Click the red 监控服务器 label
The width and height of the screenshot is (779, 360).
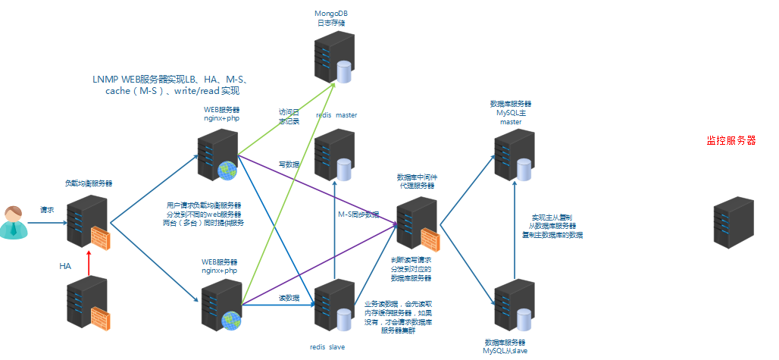pyautogui.click(x=731, y=140)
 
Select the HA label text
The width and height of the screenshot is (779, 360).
pyautogui.click(x=65, y=267)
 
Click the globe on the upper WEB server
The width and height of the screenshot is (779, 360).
pyautogui.click(x=226, y=171)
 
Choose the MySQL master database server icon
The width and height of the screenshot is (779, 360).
pyautogui.click(x=514, y=155)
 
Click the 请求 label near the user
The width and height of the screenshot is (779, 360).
pyautogui.click(x=47, y=210)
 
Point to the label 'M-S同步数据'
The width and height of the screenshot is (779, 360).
pyautogui.click(x=358, y=214)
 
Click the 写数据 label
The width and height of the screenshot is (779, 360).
pyautogui.click(x=289, y=164)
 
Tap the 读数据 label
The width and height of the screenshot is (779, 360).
pyautogui.click(x=289, y=298)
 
